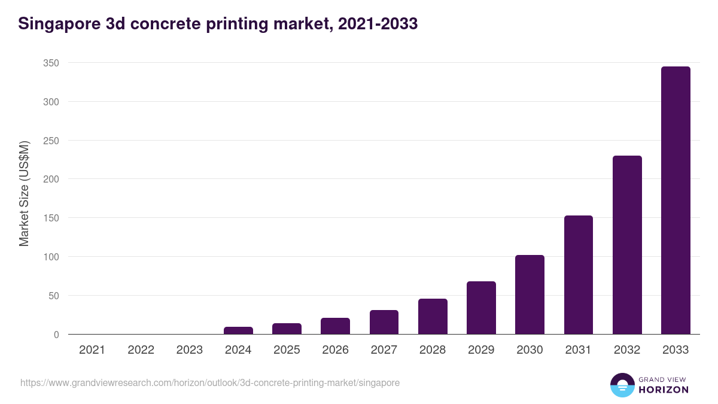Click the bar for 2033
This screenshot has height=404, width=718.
tap(676, 201)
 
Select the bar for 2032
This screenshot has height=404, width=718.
tap(627, 245)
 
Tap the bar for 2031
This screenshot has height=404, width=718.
tap(579, 275)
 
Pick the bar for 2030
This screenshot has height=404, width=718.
tap(530, 294)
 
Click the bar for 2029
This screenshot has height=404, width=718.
tap(481, 308)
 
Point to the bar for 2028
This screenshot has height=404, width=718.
tap(433, 316)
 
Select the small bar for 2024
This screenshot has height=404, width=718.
tap(238, 330)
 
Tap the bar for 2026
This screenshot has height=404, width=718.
tap(335, 326)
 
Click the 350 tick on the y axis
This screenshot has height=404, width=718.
tap(51, 63)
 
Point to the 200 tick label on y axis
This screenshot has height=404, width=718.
tap(51, 179)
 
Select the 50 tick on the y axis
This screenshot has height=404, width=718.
tap(54, 296)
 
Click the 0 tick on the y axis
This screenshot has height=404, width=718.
tap(56, 335)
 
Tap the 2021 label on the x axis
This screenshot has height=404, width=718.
tap(92, 350)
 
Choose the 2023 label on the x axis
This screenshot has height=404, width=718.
tap(190, 350)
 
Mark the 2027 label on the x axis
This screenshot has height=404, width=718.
tap(384, 350)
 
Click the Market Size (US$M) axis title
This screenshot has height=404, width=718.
tap(24, 194)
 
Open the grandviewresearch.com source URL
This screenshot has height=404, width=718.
tap(209, 382)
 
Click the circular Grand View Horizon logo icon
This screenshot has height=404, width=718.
tap(622, 385)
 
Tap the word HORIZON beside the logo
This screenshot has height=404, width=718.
tap(664, 390)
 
